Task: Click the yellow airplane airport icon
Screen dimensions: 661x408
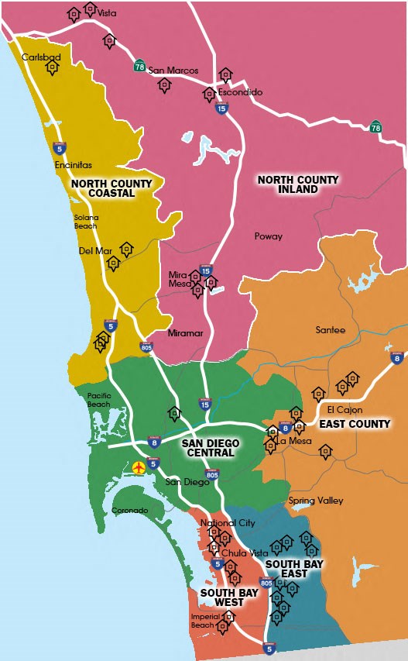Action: point(139,467)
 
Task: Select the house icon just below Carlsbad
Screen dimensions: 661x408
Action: point(52,68)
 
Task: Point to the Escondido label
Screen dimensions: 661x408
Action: point(240,92)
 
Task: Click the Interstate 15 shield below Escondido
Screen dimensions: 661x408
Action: point(221,109)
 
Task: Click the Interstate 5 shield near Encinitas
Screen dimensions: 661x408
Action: point(59,147)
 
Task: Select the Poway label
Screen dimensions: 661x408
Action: point(269,236)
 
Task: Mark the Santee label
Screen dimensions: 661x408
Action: point(330,330)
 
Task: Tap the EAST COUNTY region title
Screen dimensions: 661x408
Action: point(355,424)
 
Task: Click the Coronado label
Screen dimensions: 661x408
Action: point(130,511)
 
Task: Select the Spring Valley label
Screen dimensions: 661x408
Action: point(316,501)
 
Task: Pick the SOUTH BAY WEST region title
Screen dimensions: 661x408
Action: point(223,597)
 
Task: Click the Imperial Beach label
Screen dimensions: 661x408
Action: point(204,621)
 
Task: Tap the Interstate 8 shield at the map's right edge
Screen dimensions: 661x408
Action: point(397,357)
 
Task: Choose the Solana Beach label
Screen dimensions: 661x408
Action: point(86,222)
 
